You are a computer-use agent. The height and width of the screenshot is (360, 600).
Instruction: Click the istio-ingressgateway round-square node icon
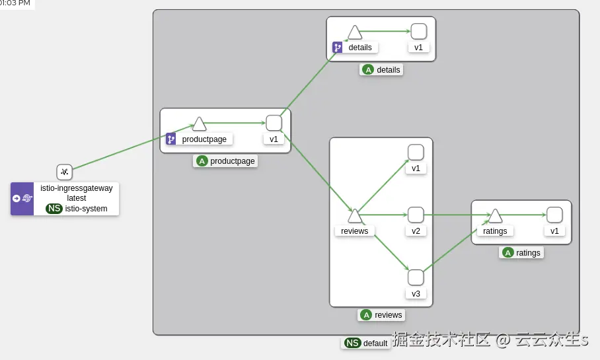coord(64,172)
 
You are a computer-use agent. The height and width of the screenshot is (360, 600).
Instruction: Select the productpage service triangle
coord(200,124)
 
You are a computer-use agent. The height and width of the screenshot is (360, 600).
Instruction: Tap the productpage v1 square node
coord(274,123)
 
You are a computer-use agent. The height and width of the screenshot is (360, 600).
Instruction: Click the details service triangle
coord(355,32)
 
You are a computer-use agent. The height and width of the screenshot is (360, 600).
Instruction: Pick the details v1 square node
coord(418,31)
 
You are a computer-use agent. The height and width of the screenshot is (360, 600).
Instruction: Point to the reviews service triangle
coord(355,216)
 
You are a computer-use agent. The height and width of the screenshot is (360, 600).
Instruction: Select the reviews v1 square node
coord(416,153)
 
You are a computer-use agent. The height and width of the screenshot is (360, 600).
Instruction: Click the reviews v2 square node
coord(416,215)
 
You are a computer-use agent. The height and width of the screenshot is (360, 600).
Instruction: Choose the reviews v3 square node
coord(416,277)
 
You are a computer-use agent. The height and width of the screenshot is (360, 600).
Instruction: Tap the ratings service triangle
coord(495,216)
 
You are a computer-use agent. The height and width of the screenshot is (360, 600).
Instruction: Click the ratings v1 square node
coord(554,215)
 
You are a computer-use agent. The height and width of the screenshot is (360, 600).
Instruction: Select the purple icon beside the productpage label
coord(170,139)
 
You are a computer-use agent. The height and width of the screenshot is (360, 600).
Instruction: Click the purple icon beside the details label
coord(337,48)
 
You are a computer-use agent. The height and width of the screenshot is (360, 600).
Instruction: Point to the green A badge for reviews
coord(366,315)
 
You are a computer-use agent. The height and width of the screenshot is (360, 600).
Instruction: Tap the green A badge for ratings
coord(507,252)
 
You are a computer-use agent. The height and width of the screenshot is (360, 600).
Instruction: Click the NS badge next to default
coord(353,343)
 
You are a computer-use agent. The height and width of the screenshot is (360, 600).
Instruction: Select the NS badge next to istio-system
coord(54,208)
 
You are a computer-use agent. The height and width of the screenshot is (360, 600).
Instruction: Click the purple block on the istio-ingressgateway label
coord(22,198)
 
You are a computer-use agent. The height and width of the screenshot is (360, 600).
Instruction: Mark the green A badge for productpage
coord(202,161)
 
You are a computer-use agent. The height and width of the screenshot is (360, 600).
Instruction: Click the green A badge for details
coord(368,69)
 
